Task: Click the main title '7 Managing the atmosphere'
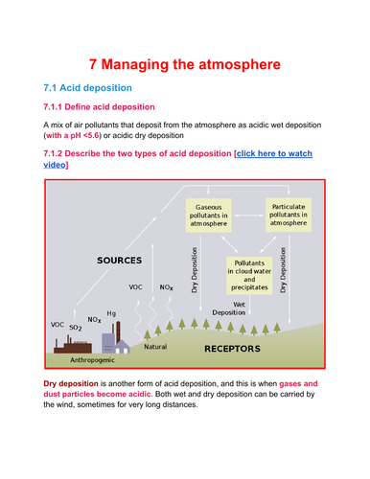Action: click(x=185, y=65)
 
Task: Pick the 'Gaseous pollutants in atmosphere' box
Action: click(x=212, y=215)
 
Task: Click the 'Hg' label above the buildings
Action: click(x=111, y=313)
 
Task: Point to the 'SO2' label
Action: click(x=76, y=328)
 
